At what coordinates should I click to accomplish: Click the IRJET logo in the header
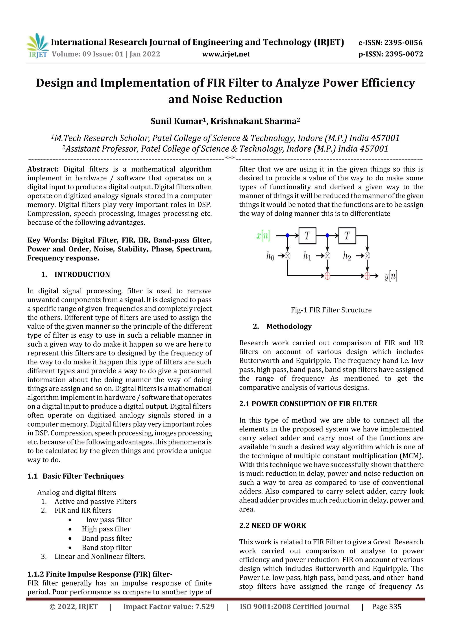point(37,46)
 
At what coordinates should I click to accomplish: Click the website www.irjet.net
point(226,54)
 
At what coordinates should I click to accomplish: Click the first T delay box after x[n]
point(307,236)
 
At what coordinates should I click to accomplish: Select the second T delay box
point(347,236)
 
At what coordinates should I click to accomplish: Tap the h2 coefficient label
point(347,256)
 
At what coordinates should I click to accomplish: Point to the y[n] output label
point(390,276)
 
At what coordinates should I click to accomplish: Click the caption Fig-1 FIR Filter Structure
point(331,310)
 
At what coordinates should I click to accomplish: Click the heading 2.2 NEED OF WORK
point(272,525)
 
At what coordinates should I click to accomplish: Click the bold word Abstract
point(43,169)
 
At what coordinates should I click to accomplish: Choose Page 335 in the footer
point(386,607)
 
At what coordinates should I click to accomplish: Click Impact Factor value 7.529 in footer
point(169,607)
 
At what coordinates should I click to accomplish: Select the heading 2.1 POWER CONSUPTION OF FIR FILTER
point(308,404)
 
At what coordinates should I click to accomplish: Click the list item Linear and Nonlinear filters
point(100,556)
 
